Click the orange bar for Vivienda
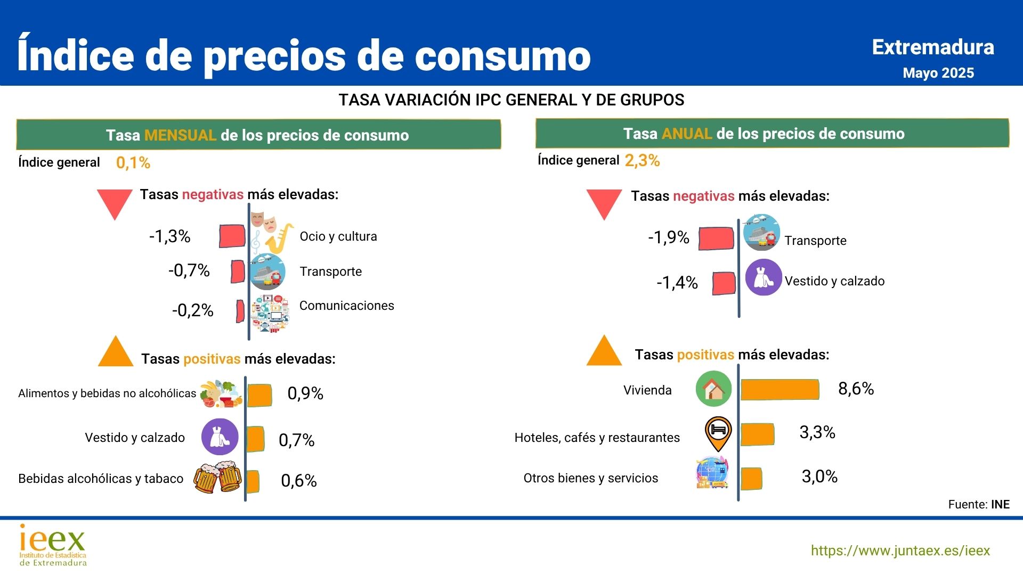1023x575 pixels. pos(780,390)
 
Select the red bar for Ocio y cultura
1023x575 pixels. pos(232,236)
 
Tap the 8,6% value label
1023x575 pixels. pos(856,389)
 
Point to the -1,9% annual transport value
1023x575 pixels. pos(669,237)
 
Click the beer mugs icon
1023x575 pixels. pos(217,478)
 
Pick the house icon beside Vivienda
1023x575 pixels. pos(713,389)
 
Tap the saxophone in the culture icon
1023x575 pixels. pos(279,238)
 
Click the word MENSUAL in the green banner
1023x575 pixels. pos(180,135)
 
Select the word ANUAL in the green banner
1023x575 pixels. pos(687,134)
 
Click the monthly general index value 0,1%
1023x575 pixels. pos(133,163)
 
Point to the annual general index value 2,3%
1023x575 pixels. pos(642,161)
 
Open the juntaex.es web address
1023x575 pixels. pos(900,551)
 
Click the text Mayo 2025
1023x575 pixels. pos(938,73)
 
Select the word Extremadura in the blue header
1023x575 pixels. pos(933,47)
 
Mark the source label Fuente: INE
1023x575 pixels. pos(979,504)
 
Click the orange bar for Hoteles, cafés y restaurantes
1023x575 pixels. pos(757,434)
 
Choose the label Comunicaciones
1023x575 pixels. pos(347,306)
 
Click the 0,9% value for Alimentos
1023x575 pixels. pos(305,393)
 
